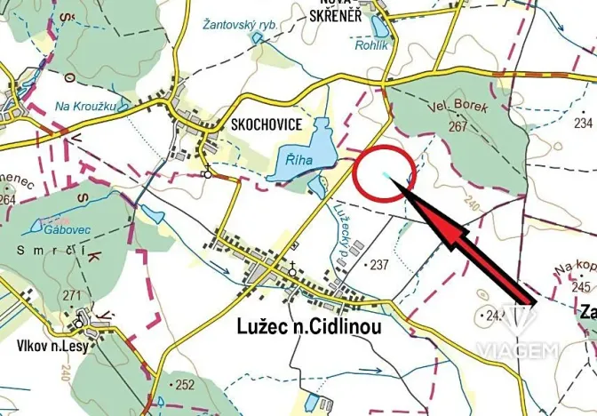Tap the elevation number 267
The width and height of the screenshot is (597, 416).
click(x=458, y=126)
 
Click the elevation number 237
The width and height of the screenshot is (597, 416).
click(x=380, y=264)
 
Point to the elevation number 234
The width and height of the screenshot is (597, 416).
click(x=584, y=123)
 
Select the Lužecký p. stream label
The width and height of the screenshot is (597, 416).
click(x=338, y=227)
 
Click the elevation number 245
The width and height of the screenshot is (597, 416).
click(x=583, y=286)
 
